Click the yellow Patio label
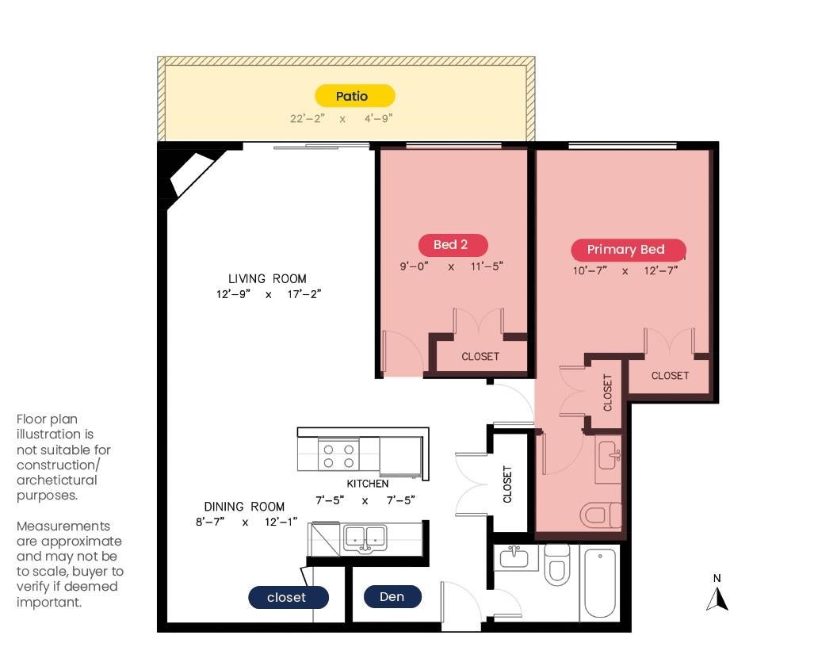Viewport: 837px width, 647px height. [354, 96]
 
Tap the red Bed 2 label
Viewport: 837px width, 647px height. [453, 245]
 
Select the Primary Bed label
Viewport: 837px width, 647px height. [629, 249]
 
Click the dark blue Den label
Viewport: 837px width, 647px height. [392, 597]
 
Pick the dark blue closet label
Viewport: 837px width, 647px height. [289, 597]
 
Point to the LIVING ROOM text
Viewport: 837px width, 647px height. [267, 278]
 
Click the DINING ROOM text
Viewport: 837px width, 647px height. [244, 507]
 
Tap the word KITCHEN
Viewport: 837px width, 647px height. [368, 484]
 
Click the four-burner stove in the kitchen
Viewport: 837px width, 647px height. [338, 455]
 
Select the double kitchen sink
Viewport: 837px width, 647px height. [365, 538]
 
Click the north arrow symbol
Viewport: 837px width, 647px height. [717, 599]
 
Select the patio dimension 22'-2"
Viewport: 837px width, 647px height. [307, 118]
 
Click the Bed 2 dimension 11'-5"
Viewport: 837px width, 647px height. [487, 266]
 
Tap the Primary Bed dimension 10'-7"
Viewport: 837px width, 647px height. [590, 270]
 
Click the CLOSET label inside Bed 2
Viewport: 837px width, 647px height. [480, 357]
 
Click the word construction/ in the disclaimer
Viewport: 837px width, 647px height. [58, 465]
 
